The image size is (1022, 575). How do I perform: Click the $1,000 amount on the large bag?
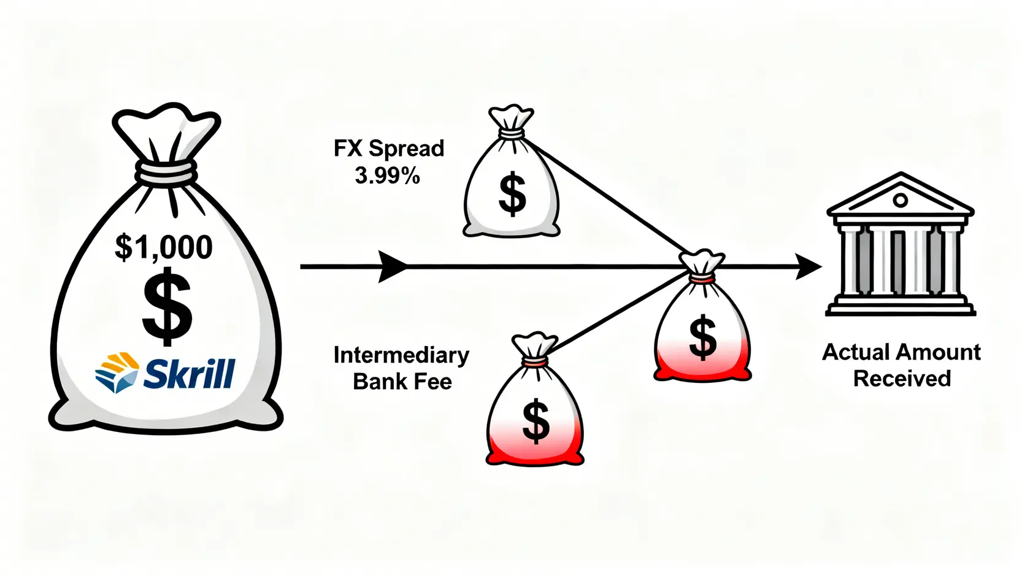tap(164, 247)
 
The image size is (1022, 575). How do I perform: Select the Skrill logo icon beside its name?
tap(117, 372)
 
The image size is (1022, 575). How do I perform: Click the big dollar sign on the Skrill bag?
tap(167, 309)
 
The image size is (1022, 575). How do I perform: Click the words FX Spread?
tap(389, 149)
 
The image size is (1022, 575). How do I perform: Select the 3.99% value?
tap(388, 176)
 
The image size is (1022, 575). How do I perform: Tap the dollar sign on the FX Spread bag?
tap(512, 194)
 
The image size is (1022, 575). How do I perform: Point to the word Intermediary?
tap(401, 355)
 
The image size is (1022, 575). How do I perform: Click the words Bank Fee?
tap(402, 382)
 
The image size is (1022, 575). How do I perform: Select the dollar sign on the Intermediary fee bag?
tap(536, 420)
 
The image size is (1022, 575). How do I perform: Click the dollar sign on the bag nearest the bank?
tap(702, 337)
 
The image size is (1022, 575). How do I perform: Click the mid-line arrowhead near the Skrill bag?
tap(393, 266)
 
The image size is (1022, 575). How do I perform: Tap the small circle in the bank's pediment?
tap(900, 200)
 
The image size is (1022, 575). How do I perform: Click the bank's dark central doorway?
tap(898, 261)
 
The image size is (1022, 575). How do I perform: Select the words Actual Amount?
tap(901, 352)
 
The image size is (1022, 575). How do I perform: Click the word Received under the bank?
tap(902, 379)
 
